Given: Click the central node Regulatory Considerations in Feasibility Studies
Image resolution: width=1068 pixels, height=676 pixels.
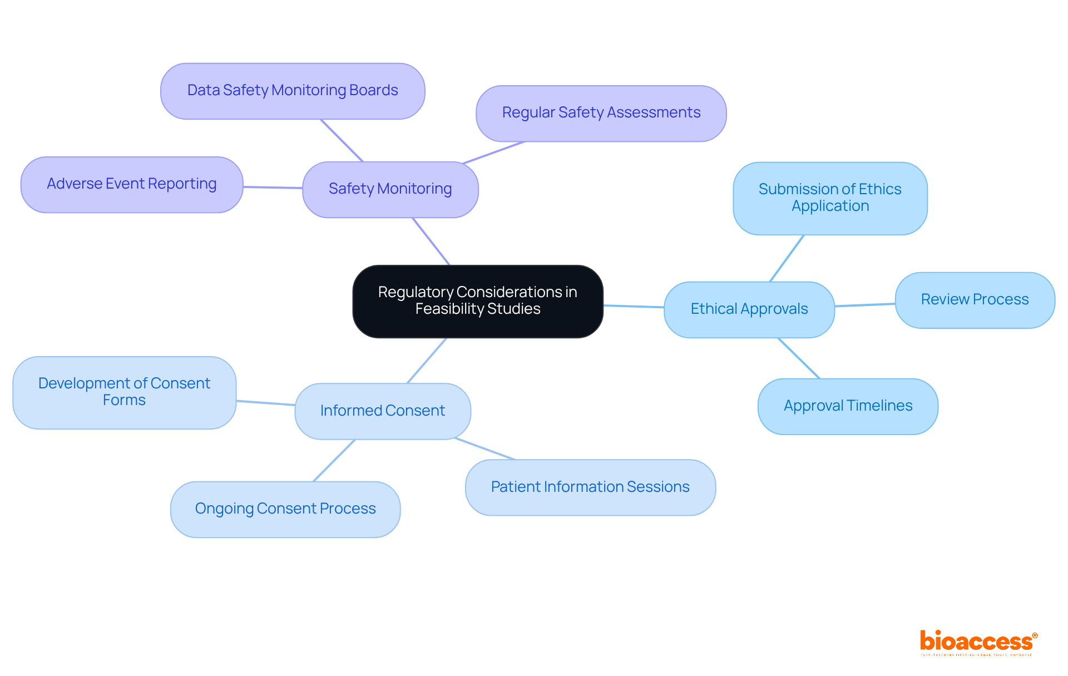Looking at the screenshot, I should point(477,301).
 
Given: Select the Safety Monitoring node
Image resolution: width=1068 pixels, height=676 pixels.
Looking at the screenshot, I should point(390,189).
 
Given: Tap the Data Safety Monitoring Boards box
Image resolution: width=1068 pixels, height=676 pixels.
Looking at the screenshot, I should point(293,91).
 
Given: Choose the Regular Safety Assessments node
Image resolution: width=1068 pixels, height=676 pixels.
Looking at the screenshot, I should point(601,113).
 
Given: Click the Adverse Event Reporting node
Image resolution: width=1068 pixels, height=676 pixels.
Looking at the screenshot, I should point(132,184).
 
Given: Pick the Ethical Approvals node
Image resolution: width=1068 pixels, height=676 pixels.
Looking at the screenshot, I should point(749,309).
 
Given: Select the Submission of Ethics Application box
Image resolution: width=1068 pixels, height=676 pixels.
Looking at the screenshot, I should point(829,198).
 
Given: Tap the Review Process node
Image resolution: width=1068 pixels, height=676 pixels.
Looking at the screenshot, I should point(975,300).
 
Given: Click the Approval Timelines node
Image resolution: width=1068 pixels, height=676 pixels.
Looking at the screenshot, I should point(848,406).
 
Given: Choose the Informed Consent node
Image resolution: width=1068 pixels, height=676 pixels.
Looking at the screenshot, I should point(383,411).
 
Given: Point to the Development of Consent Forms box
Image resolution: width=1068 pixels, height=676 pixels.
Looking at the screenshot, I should point(124,392).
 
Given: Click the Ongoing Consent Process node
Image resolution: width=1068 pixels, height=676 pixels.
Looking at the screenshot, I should point(285,509).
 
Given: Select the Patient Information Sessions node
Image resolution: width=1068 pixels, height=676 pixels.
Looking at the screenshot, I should point(590,487).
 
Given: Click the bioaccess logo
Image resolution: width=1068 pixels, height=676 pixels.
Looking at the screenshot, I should point(978,642).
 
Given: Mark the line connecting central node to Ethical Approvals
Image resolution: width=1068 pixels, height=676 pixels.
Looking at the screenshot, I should point(634,306).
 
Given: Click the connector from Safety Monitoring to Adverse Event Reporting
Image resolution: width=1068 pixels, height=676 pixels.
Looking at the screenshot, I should point(273,187).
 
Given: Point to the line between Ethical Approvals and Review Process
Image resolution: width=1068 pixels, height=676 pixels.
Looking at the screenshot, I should point(865,305).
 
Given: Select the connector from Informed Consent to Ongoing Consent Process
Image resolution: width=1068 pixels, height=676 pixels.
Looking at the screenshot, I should point(334,460).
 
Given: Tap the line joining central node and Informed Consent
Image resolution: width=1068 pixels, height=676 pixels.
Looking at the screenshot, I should point(427,360).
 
